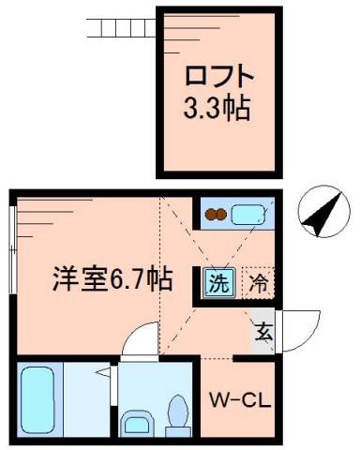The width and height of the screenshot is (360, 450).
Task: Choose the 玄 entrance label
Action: click(x=263, y=330)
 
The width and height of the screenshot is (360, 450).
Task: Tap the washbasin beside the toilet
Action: click(x=136, y=421)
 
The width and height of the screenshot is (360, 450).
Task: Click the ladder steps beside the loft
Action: click(x=118, y=23)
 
